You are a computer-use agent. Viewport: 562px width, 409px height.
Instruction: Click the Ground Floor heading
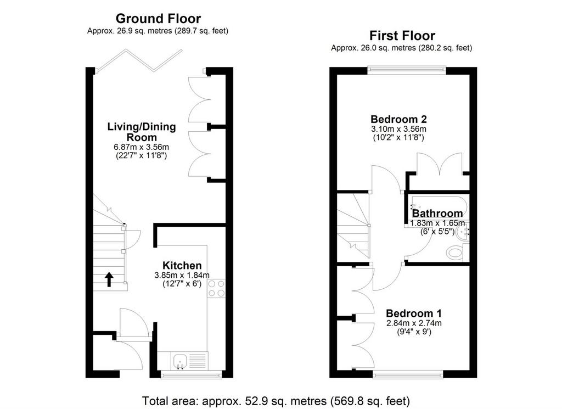[158, 18]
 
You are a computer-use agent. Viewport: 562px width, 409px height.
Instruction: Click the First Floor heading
[402, 36]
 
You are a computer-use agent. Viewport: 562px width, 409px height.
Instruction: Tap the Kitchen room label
[182, 266]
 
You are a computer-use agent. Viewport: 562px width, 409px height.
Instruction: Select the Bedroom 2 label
[398, 119]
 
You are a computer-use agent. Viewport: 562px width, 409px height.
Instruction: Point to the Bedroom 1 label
[414, 313]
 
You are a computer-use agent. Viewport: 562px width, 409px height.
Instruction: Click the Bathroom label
[437, 214]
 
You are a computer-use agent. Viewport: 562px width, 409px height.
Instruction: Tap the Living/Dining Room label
[142, 132]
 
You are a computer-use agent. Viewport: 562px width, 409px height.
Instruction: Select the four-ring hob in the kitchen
[216, 289]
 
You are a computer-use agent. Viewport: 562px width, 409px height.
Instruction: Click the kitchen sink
[179, 361]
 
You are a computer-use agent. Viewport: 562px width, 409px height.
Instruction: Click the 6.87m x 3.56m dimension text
[141, 147]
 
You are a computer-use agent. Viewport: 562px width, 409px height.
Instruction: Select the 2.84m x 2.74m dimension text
[414, 323]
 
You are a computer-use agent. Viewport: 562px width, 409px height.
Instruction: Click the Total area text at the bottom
[276, 400]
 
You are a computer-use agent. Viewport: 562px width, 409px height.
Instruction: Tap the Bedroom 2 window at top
[407, 70]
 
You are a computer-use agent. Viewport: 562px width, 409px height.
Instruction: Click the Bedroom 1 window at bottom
[408, 374]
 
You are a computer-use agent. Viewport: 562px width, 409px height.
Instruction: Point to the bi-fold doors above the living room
[140, 60]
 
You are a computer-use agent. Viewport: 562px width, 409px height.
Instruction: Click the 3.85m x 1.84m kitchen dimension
[182, 275]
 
